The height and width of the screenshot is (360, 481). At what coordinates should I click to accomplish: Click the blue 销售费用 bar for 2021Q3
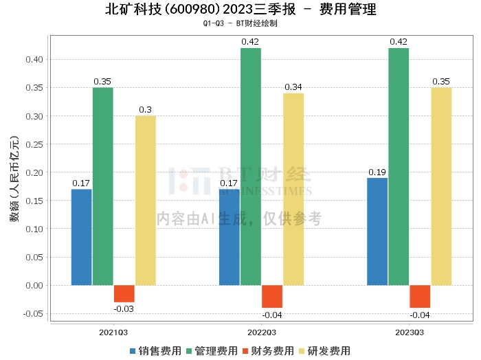81,237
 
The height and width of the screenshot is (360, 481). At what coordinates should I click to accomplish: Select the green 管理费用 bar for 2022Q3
251,166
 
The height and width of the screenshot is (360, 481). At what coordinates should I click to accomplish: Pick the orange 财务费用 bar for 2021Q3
124,293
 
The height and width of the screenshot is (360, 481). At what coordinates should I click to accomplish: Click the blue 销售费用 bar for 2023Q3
377,232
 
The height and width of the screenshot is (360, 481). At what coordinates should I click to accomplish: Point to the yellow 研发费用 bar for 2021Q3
146,200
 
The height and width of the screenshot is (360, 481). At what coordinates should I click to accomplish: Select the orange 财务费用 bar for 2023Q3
420,296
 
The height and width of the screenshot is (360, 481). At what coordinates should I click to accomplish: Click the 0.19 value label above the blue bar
377,172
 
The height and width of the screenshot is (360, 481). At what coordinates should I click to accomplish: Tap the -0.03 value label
124,309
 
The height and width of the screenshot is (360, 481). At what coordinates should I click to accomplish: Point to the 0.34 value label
293,87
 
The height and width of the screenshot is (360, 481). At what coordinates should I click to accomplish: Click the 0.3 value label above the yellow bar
146,109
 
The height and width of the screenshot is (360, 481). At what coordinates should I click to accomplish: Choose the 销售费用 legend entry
155,350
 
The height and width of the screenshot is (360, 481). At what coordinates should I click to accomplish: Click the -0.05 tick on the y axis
33,313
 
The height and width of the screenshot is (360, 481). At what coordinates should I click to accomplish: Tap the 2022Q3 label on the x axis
261,332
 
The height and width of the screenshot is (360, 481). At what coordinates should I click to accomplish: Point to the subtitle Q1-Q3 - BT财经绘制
240,23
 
